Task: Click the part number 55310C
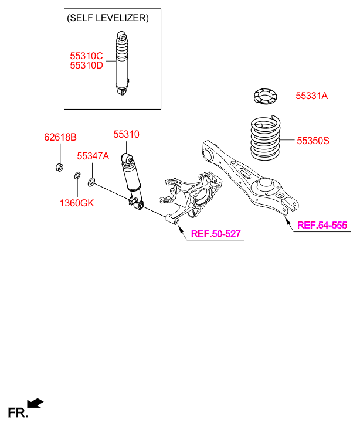[x=86, y=56]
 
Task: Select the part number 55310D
[x=86, y=65]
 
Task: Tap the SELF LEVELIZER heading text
[x=108, y=18]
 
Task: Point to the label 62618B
[x=60, y=138]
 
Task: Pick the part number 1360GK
[x=76, y=203]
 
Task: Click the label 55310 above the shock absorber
[x=126, y=135]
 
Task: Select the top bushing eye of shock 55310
[x=127, y=158]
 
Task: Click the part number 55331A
[x=311, y=96]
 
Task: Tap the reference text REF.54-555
[x=322, y=225]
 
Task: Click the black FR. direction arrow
[x=35, y=403]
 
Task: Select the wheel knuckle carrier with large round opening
[x=199, y=190]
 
